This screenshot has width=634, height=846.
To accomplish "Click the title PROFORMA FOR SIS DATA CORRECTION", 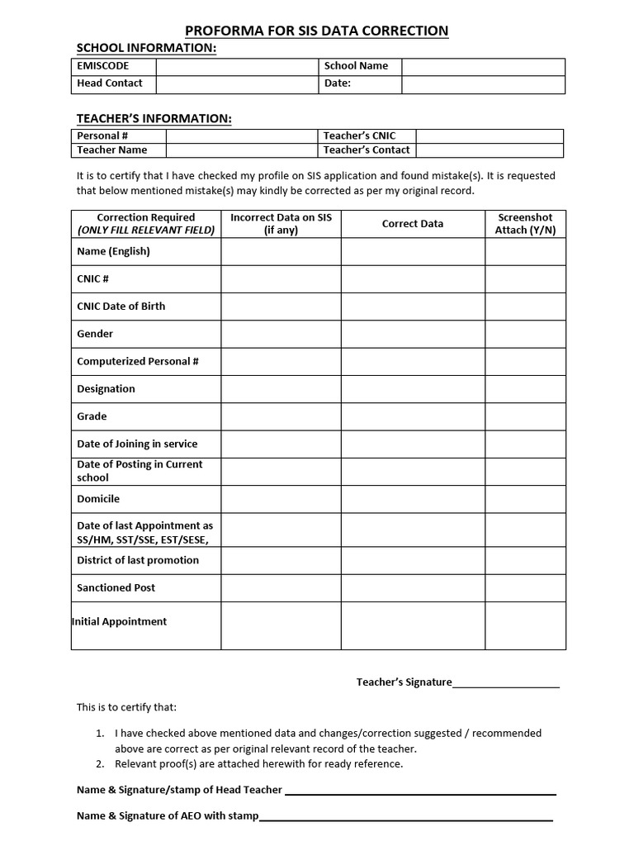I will click(317, 31).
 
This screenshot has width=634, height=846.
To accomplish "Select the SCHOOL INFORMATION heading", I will click(146, 48).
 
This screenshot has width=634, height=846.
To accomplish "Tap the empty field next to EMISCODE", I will click(237, 66).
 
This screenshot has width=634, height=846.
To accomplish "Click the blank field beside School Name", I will click(483, 66).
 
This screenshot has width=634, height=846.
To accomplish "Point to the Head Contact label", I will click(109, 83).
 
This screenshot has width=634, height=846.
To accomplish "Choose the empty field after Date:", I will click(483, 83).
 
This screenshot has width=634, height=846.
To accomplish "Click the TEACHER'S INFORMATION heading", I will click(154, 119).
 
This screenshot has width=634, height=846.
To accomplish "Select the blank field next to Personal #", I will click(242, 135).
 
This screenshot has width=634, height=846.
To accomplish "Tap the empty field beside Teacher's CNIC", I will click(489, 135).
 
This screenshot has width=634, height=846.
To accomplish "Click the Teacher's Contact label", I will click(367, 150).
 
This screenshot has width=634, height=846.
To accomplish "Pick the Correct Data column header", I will click(413, 224).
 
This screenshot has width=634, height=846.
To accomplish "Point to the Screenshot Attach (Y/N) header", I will click(525, 224).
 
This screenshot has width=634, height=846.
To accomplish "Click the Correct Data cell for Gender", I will click(413, 334).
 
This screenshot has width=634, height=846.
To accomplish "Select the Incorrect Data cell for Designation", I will click(281, 389).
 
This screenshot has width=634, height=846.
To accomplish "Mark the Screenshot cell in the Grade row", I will click(525, 416).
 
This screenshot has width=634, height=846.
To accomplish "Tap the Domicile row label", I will click(98, 499).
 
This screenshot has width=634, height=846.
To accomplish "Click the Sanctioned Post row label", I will click(116, 588).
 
